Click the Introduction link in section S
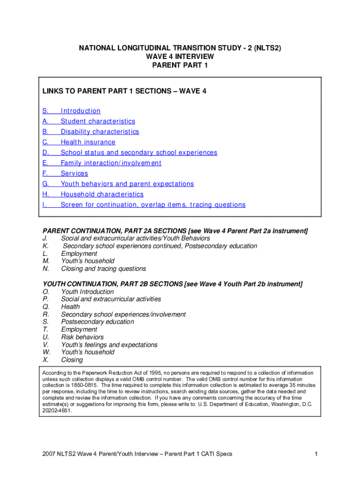pos(80,111)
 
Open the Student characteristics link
pos(98,121)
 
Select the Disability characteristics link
pos(100,132)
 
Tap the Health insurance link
pos(88,142)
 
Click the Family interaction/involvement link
pos(111,163)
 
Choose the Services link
pos(74,174)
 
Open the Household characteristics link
pos(102,194)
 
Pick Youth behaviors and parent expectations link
pos(127,184)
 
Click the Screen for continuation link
pos(153,205)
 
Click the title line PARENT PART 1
pos(180,65)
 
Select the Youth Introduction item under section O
pos(87,291)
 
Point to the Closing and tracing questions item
pos(103,269)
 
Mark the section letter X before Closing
pos(45,360)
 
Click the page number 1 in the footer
pos(317,454)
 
